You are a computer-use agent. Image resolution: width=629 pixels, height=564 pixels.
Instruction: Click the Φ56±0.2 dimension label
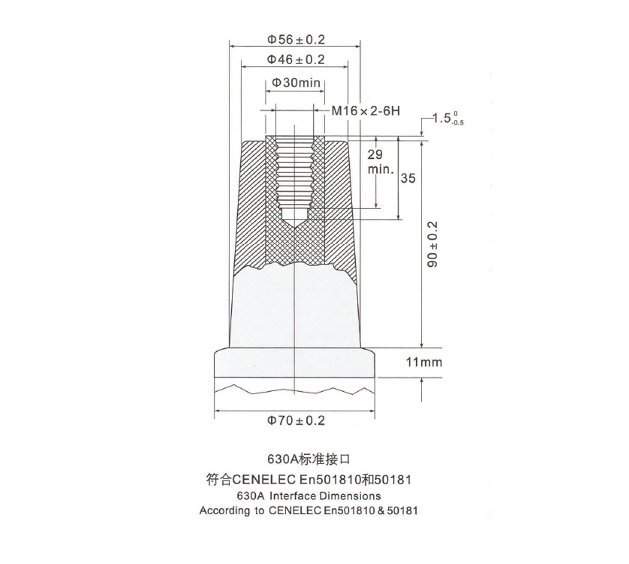[296, 40]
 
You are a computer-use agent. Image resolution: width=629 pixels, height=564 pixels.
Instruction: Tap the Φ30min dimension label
[296, 83]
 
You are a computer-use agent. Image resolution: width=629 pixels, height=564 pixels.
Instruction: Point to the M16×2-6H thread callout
[366, 111]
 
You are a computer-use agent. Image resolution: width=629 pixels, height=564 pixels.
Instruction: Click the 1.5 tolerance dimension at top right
[446, 118]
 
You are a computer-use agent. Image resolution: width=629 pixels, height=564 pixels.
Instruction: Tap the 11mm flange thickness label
[424, 362]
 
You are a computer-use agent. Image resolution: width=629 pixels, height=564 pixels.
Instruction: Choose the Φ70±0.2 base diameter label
[296, 420]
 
